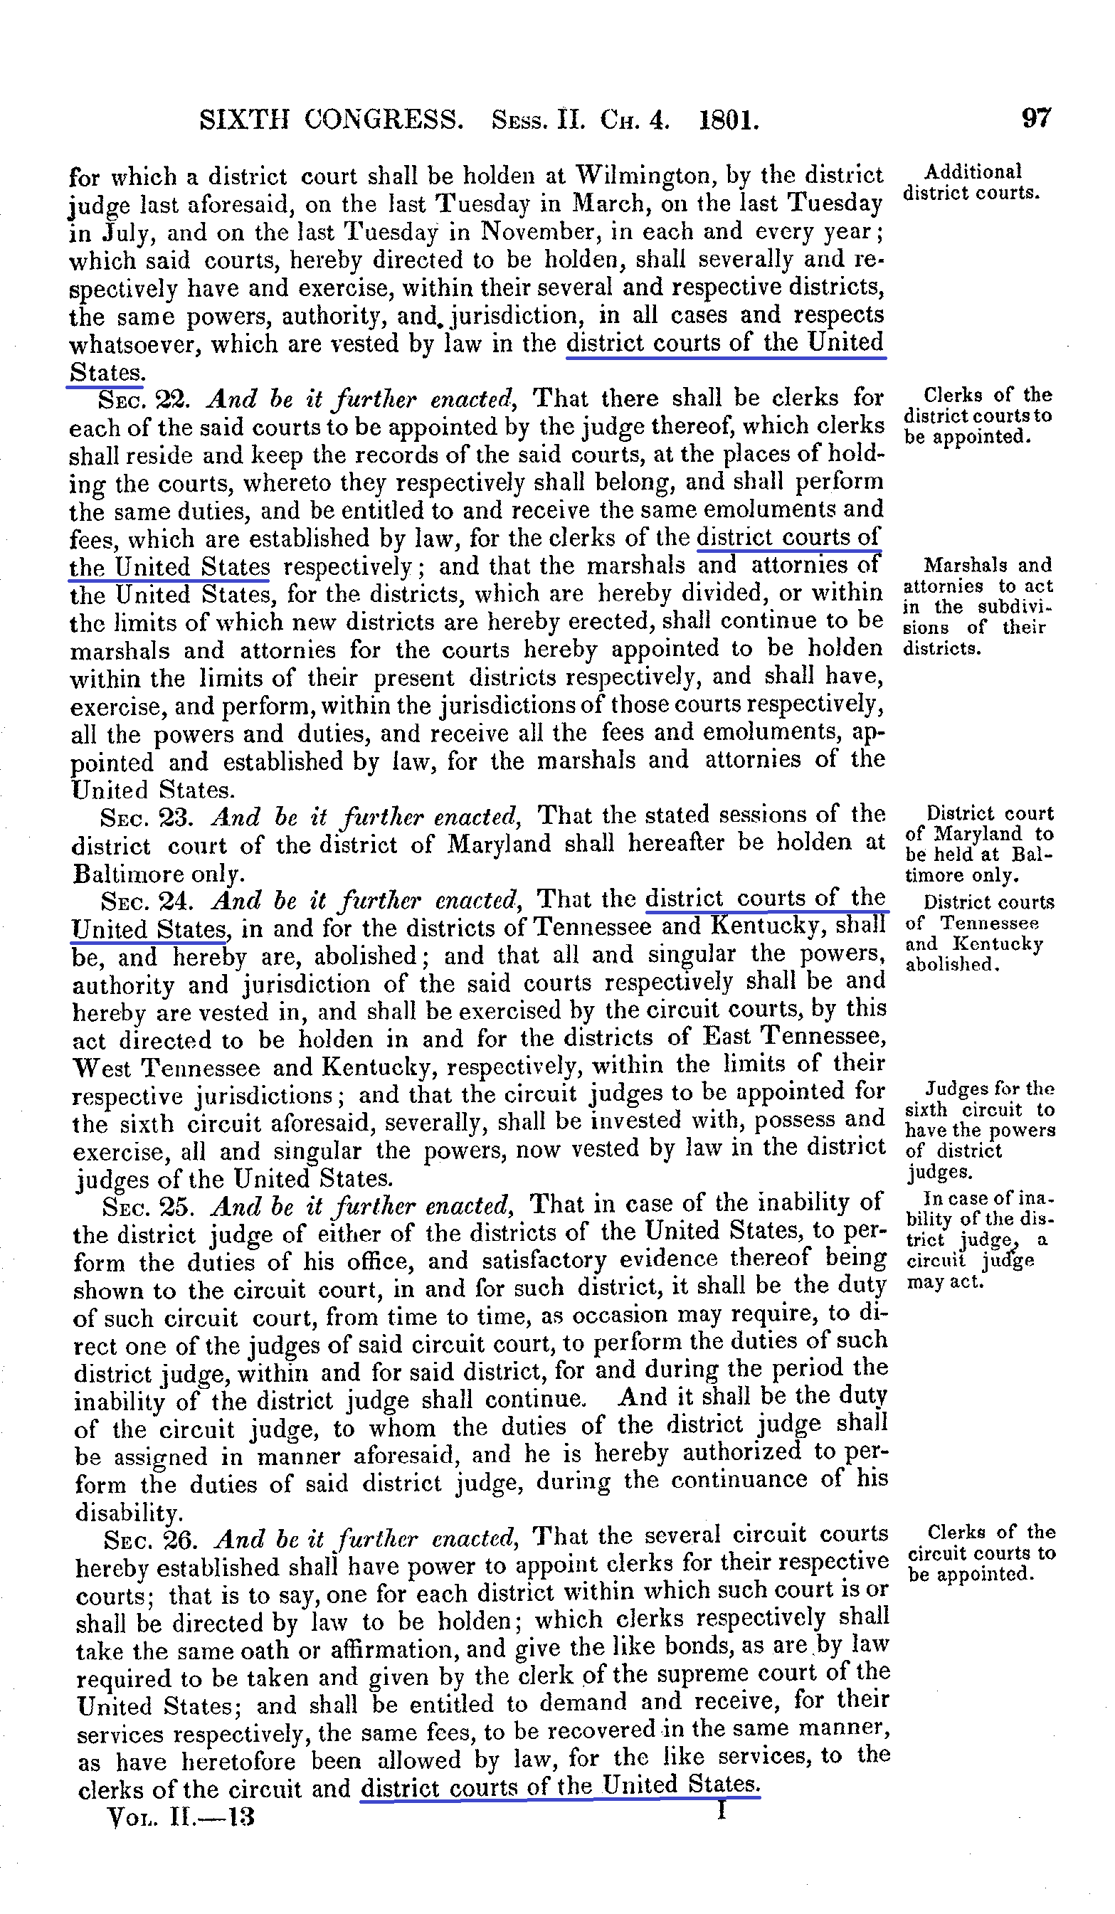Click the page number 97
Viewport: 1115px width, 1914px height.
(x=1036, y=119)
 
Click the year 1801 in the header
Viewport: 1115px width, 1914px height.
(x=729, y=121)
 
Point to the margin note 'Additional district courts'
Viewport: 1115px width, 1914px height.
(x=971, y=182)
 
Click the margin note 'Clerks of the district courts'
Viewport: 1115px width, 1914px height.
(x=978, y=416)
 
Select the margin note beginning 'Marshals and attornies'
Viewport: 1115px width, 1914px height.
(x=978, y=606)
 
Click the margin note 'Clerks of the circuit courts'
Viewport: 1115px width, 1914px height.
(x=982, y=1553)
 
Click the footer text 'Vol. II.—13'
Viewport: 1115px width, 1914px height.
(x=181, y=1817)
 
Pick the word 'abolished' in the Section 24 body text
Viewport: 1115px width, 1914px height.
(x=359, y=956)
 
